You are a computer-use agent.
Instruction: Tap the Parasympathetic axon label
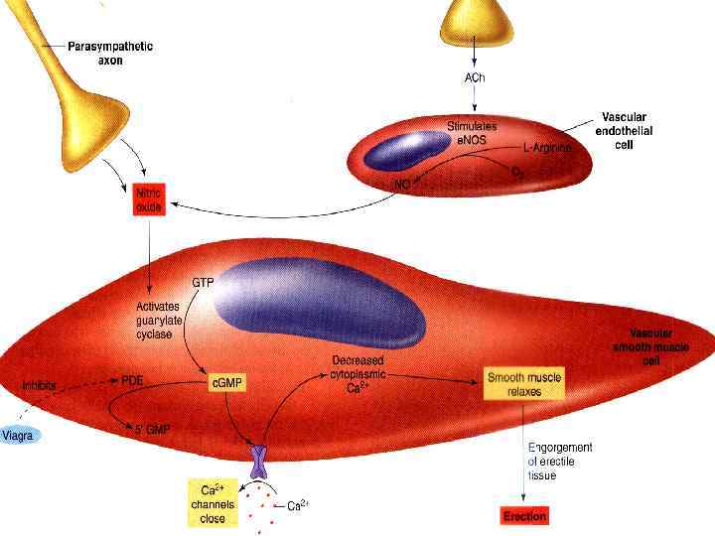pyautogui.click(x=110, y=53)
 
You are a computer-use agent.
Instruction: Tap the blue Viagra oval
pyautogui.click(x=20, y=435)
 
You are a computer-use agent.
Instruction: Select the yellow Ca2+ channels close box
pyautogui.click(x=214, y=503)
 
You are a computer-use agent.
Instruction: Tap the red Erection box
pyautogui.click(x=524, y=516)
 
